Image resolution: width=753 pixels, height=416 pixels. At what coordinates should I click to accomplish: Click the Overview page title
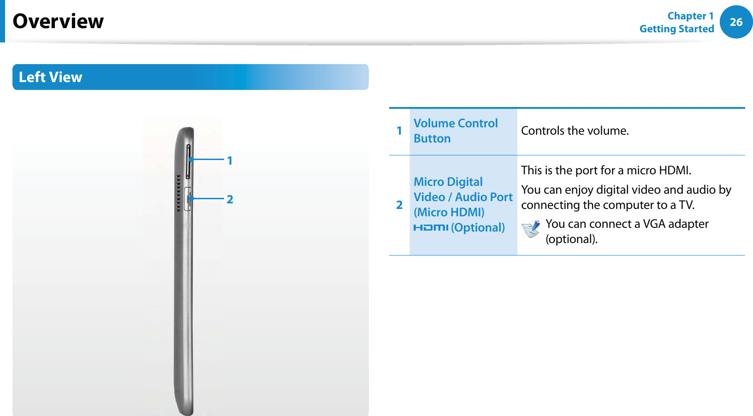tap(58, 21)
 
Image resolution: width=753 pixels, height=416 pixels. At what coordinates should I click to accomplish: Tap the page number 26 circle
tap(736, 22)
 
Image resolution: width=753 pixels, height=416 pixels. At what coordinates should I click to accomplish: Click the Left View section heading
tap(50, 77)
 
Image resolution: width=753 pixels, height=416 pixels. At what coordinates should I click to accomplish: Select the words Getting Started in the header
tap(677, 29)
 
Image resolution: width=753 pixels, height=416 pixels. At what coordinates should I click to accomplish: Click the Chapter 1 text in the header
tap(690, 16)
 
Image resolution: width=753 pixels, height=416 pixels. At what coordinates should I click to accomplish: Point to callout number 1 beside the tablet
tap(230, 161)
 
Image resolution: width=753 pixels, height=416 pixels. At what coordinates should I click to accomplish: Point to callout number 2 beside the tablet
tap(230, 199)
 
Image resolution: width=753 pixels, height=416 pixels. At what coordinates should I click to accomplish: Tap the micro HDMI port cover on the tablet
tap(188, 199)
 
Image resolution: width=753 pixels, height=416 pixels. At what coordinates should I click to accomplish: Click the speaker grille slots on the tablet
tap(178, 193)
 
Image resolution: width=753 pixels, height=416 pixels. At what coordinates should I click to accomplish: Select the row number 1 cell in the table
tap(399, 131)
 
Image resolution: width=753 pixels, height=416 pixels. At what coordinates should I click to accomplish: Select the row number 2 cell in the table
tap(399, 204)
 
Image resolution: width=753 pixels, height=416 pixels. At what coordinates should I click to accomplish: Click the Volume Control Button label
tap(456, 131)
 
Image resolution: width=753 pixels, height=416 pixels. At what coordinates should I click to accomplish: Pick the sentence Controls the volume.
tap(575, 131)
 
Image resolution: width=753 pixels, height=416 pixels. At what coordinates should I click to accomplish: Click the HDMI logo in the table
tap(431, 228)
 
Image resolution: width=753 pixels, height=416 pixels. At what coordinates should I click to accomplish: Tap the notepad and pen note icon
tap(531, 229)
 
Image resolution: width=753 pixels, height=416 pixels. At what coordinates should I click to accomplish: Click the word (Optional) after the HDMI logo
tap(478, 228)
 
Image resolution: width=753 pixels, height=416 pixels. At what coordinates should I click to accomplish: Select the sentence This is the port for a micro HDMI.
tap(606, 170)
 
